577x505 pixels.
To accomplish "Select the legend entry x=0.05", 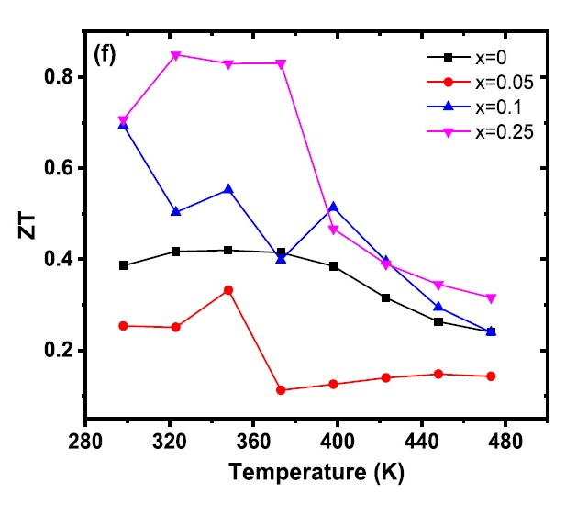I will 502,82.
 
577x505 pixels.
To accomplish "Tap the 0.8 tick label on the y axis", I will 60,77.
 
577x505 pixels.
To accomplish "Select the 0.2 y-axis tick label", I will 60,351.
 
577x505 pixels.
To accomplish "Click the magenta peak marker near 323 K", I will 176,55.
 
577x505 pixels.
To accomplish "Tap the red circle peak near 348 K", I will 228,290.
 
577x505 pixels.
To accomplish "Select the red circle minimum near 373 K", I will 281,390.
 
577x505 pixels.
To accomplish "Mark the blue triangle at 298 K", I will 124,124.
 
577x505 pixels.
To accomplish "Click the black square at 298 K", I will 124,265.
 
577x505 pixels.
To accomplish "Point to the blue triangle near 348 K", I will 228,189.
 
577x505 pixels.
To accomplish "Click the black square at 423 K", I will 385,297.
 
